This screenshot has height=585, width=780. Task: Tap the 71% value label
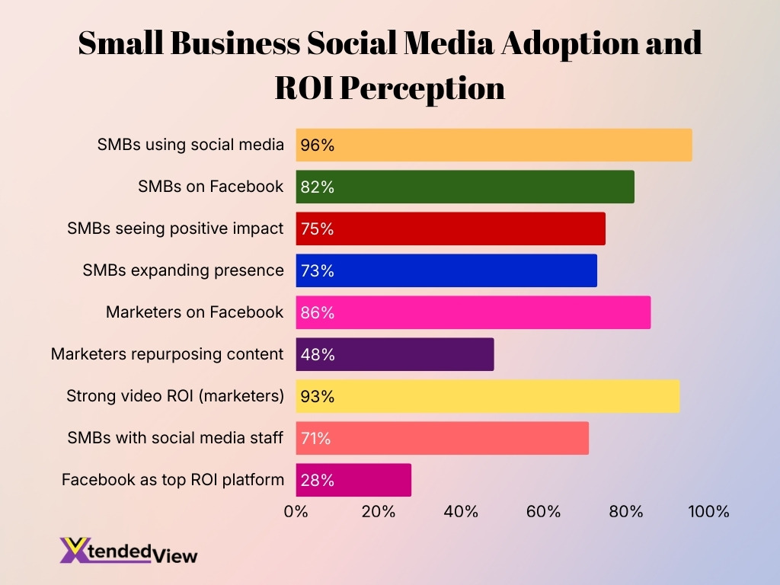pyautogui.click(x=316, y=439)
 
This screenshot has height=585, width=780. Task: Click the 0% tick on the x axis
pyautogui.click(x=296, y=511)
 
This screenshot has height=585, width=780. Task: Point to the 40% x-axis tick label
pyautogui.click(x=461, y=511)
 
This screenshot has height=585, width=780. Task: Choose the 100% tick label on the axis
pyautogui.click(x=708, y=511)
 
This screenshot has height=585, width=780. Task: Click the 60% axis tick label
pyautogui.click(x=544, y=511)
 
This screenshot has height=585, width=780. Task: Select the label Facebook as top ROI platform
pyautogui.click(x=173, y=481)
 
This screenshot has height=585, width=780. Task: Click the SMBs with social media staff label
pyautogui.click(x=175, y=438)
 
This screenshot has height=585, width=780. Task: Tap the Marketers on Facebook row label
pyautogui.click(x=195, y=312)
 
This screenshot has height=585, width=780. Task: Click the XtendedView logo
pyautogui.click(x=128, y=550)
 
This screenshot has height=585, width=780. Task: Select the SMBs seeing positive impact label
pyautogui.click(x=175, y=229)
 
